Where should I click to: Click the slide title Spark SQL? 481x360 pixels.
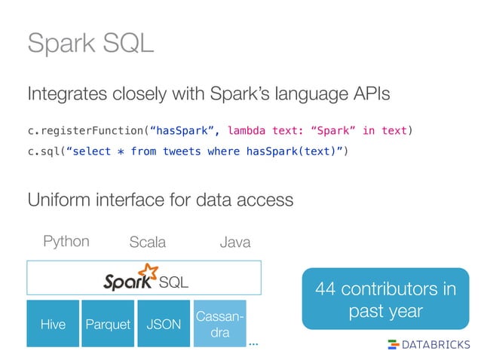[x=90, y=43]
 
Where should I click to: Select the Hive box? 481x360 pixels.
[x=53, y=324]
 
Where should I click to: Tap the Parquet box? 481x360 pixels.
[x=108, y=324]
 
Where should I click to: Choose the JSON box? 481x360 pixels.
[x=163, y=324]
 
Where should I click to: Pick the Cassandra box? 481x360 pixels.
[x=219, y=324]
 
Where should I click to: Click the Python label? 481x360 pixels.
[x=66, y=242]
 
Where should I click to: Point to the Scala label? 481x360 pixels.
[x=148, y=243]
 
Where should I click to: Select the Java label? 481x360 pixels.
[x=234, y=243]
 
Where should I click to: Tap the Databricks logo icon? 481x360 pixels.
[x=393, y=344]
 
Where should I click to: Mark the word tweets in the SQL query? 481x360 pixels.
[x=182, y=151]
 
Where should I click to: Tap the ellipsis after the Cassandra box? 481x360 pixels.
[x=253, y=343]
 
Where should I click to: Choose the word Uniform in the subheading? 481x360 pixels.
[x=57, y=200]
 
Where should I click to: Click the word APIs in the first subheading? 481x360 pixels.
[x=371, y=94]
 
